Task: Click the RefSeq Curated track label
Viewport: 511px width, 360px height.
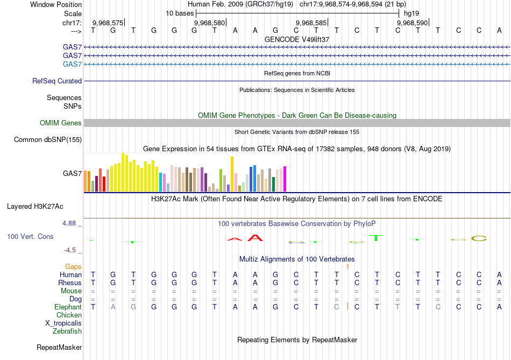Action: coord(57,81)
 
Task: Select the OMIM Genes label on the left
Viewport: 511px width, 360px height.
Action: coord(61,123)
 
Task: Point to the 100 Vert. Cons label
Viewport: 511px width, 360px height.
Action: coord(30,236)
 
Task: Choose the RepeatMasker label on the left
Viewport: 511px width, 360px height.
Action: coord(59,348)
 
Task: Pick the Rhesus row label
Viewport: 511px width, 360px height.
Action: coord(70,283)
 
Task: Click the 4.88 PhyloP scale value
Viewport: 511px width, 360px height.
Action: coord(72,223)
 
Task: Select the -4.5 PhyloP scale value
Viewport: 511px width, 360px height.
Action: coord(73,250)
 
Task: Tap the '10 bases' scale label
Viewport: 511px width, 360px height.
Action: coord(179,13)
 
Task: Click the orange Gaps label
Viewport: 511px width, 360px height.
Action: coord(73,266)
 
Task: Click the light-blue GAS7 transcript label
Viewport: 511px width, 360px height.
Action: coord(72,65)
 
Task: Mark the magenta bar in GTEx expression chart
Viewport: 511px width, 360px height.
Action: coord(285,179)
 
